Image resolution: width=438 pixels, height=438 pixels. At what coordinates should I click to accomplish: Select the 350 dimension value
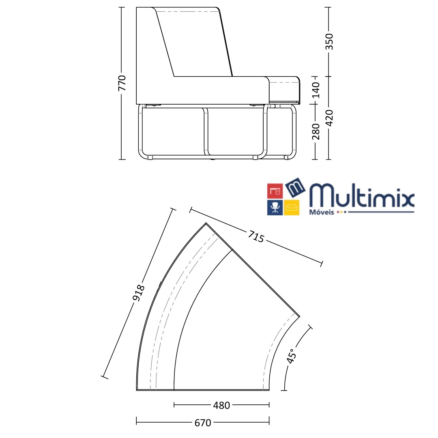pyautogui.click(x=329, y=41)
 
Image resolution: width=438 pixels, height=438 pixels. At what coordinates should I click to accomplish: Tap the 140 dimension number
pyautogui.click(x=316, y=90)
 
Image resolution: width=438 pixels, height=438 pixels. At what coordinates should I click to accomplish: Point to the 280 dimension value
pyautogui.click(x=316, y=131)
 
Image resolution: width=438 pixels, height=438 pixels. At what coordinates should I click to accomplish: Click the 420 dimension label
pyautogui.click(x=329, y=118)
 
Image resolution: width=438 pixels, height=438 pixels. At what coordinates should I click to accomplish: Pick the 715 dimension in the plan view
pyautogui.click(x=256, y=237)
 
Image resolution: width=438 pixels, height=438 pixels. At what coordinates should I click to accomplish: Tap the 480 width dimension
pyautogui.click(x=221, y=405)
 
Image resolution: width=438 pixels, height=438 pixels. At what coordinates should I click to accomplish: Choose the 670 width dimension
pyautogui.click(x=203, y=423)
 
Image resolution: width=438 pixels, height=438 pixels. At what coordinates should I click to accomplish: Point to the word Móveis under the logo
pyautogui.click(x=321, y=212)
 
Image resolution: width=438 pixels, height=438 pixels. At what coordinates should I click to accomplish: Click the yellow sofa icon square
pyautogui.click(x=292, y=207)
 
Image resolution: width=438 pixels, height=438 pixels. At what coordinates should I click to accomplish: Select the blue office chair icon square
pyautogui.click(x=275, y=207)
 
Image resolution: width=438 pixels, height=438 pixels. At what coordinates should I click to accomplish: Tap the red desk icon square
pyautogui.click(x=275, y=191)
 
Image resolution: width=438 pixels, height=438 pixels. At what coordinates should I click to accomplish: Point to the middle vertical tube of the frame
pyautogui.click(x=206, y=131)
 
